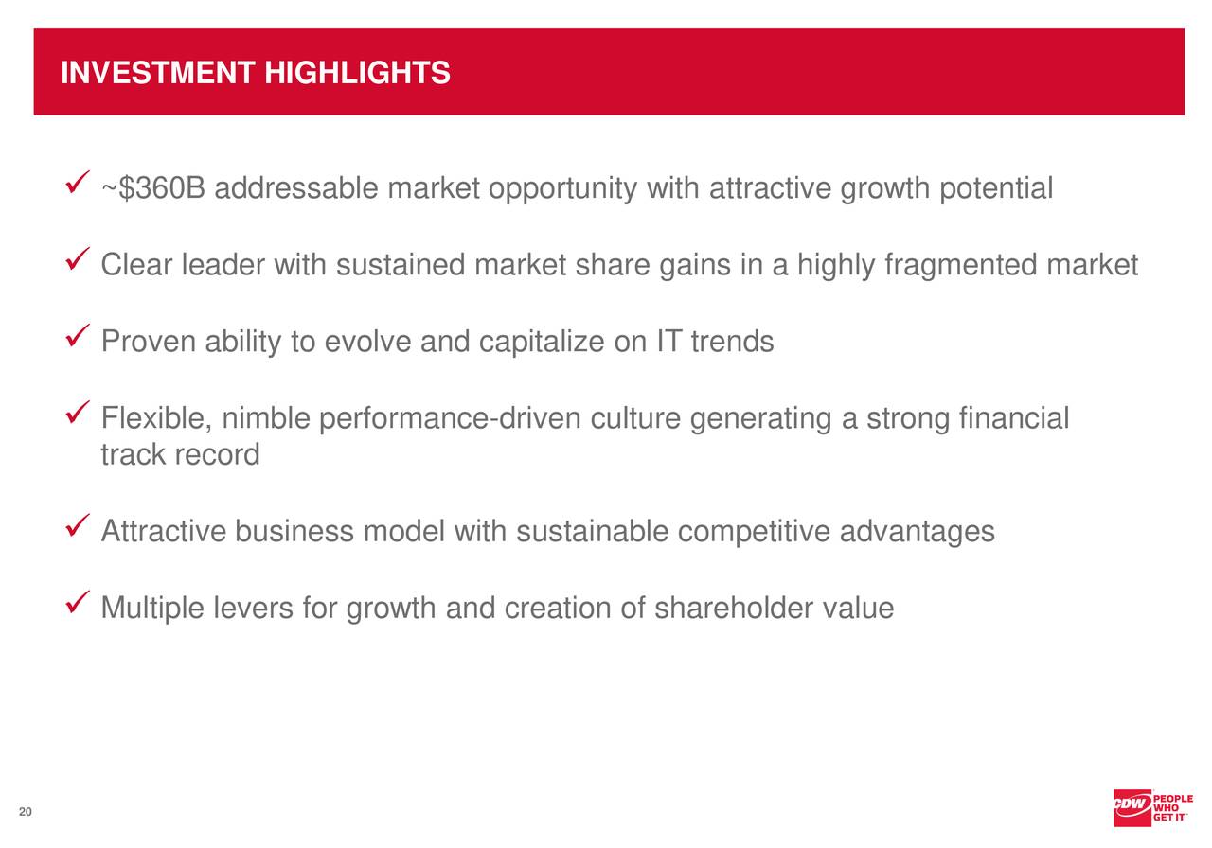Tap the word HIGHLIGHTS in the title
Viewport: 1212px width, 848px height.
357,73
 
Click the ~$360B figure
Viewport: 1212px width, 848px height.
152,189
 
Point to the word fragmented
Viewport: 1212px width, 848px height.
960,266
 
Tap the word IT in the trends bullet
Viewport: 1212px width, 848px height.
668,342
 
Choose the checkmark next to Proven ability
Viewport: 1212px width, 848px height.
80,332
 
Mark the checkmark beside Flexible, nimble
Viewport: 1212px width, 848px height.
80,410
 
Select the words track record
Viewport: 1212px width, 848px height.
180,455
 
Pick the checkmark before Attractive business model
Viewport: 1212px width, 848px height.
80,522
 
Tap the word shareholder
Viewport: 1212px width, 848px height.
734,608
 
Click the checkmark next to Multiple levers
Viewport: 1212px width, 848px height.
80,599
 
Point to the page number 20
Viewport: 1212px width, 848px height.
25,813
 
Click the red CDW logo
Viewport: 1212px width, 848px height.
1132,806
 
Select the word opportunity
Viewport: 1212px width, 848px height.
562,189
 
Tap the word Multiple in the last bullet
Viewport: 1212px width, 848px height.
151,608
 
